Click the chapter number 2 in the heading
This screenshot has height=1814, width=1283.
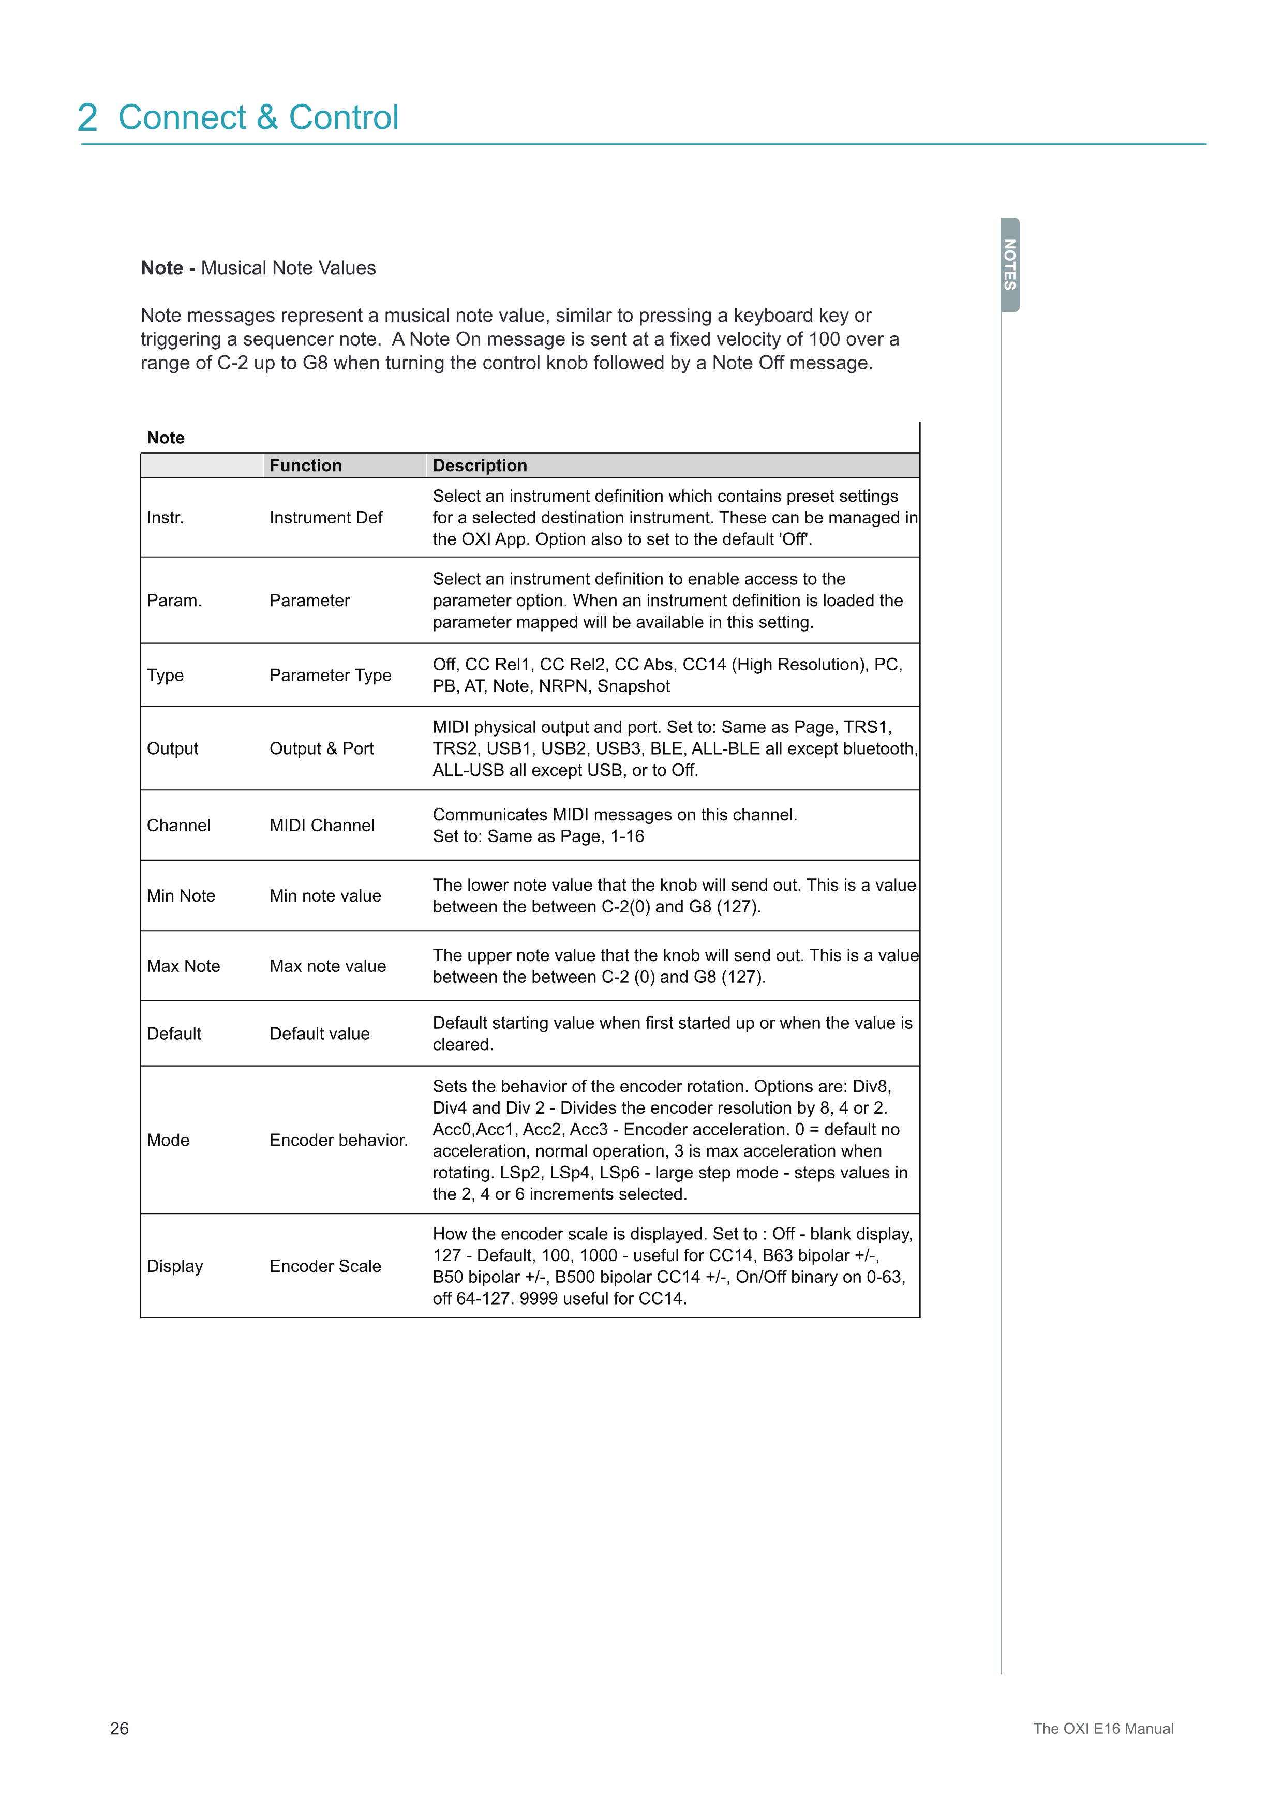click(88, 118)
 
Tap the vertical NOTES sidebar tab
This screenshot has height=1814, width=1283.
click(1010, 265)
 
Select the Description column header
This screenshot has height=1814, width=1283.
click(480, 466)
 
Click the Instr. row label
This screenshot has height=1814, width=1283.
click(165, 517)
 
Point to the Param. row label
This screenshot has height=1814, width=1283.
click(174, 601)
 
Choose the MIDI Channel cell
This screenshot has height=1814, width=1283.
click(322, 825)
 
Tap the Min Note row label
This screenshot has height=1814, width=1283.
click(181, 895)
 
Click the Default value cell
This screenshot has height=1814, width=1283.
click(319, 1033)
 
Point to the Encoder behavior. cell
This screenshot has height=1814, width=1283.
click(338, 1140)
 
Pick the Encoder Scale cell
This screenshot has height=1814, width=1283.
click(325, 1266)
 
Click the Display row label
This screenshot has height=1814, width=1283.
click(174, 1266)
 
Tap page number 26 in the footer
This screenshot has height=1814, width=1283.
click(120, 1728)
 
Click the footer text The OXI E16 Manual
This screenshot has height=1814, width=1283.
click(1103, 1728)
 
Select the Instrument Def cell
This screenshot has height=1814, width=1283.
click(325, 517)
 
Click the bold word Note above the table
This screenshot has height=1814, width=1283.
click(166, 438)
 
